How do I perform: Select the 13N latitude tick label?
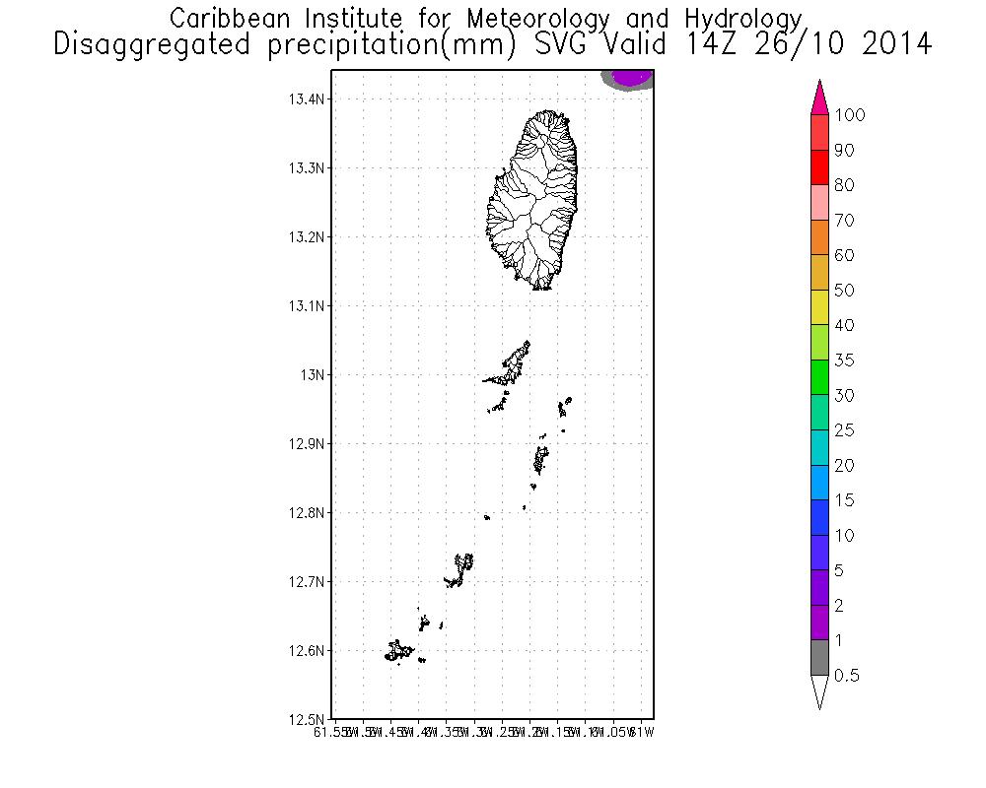[x=313, y=375]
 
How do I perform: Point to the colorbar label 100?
[x=849, y=116]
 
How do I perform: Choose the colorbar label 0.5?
[x=845, y=676]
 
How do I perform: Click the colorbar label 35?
[x=843, y=361]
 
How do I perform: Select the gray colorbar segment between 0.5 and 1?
[x=818, y=658]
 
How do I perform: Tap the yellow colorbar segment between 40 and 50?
[x=818, y=308]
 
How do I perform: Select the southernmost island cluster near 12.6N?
[x=398, y=651]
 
